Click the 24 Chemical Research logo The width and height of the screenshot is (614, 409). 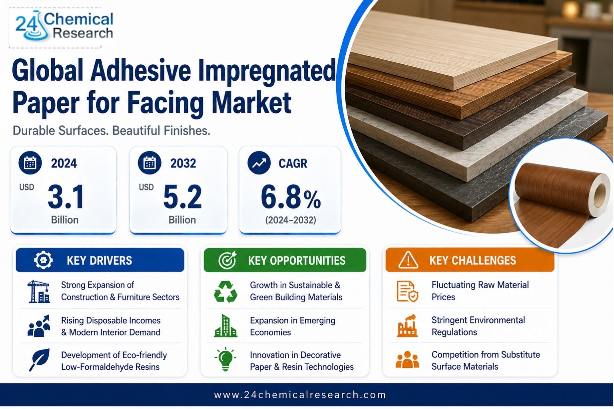64,26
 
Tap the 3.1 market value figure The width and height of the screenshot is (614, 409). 66,197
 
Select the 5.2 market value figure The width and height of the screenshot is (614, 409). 183,197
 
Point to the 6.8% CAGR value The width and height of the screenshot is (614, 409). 291,197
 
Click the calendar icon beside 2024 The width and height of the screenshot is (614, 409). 30,163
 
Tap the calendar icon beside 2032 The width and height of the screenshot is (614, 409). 150,163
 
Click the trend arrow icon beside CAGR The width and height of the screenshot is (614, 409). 259,163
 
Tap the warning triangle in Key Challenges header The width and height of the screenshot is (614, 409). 408,260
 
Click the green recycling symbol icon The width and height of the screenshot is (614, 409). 225,292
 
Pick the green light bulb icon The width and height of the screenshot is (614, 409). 225,359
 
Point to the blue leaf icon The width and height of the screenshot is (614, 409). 40,360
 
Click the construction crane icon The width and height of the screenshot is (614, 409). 39,292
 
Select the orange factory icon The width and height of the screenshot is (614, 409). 407,326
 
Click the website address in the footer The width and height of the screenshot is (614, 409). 300,395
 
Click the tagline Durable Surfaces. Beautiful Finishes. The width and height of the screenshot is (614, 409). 111,131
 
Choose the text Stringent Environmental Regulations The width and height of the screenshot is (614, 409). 478,326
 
